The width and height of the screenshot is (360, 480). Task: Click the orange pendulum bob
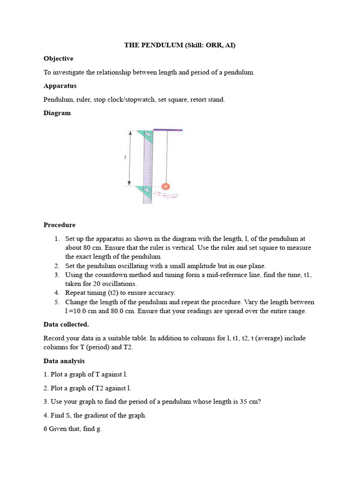click(165, 187)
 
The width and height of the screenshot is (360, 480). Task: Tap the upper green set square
click(146, 136)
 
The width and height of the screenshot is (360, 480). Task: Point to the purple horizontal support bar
click(168, 130)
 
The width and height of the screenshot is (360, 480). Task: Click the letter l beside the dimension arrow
click(125, 157)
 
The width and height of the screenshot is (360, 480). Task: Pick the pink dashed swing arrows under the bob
click(166, 195)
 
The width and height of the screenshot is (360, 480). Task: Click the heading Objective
click(58, 59)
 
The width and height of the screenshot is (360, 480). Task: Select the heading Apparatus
click(60, 86)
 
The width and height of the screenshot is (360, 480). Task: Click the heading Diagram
click(57, 113)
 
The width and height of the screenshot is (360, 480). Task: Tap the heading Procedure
click(60, 225)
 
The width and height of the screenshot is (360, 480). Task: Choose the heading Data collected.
click(66, 324)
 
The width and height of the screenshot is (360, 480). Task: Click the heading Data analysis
click(64, 361)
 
